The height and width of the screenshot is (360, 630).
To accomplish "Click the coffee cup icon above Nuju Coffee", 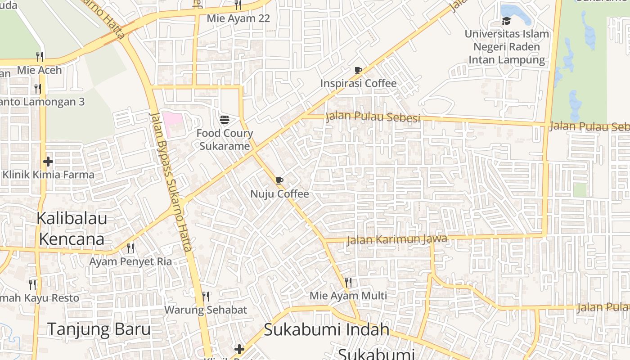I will point(279,181).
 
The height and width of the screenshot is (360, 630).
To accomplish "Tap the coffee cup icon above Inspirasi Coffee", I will point(358,70).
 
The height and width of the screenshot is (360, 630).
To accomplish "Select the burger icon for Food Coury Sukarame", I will point(225,120).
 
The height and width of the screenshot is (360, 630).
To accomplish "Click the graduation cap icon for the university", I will point(507,21).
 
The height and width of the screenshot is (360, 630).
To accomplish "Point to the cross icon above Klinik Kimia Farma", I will point(48,162).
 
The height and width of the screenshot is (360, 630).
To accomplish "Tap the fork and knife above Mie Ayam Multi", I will point(348,283).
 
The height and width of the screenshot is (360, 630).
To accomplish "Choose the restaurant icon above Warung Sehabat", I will point(206,297).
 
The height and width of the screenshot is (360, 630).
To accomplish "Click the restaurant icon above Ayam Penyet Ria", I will point(130,248).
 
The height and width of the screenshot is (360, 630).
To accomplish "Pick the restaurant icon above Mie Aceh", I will point(40,57).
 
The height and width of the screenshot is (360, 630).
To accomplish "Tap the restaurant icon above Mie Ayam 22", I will point(238,5).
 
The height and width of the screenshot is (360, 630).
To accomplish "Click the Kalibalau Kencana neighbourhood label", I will point(72,229).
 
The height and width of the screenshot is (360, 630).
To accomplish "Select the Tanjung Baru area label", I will point(99,329).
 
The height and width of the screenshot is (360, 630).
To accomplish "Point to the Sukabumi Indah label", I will point(326,329).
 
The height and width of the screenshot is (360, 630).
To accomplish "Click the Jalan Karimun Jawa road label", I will point(397,239).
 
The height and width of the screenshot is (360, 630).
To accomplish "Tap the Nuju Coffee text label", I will point(279,194).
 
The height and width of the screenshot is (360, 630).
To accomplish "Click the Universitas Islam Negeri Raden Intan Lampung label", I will point(507,47).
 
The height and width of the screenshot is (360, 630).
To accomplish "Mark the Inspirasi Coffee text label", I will point(358,83).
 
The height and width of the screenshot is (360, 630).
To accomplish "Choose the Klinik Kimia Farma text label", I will point(49,175).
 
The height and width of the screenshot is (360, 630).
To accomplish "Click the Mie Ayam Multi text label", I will point(348,296).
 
